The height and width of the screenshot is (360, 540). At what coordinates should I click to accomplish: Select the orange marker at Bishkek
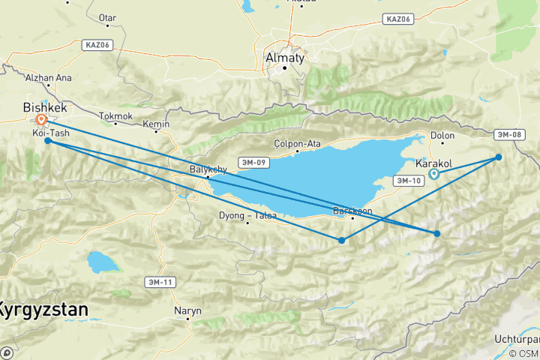point(42,119)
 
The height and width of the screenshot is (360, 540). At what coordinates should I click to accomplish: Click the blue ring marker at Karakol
point(434,175)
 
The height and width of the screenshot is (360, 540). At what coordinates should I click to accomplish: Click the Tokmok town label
point(115,116)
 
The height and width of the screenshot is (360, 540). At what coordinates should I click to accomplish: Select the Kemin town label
point(157,124)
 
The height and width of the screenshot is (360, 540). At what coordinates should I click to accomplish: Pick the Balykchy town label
point(208,169)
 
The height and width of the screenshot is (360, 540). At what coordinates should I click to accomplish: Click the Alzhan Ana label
point(47,77)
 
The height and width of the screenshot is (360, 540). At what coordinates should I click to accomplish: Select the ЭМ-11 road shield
point(159,281)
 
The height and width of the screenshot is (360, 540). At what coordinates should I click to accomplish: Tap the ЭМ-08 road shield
point(508,135)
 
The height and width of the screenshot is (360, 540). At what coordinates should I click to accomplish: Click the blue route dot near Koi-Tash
point(48,140)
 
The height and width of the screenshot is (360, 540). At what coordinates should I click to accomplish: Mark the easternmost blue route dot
point(499,157)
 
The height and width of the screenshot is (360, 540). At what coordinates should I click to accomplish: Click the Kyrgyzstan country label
point(43,308)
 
